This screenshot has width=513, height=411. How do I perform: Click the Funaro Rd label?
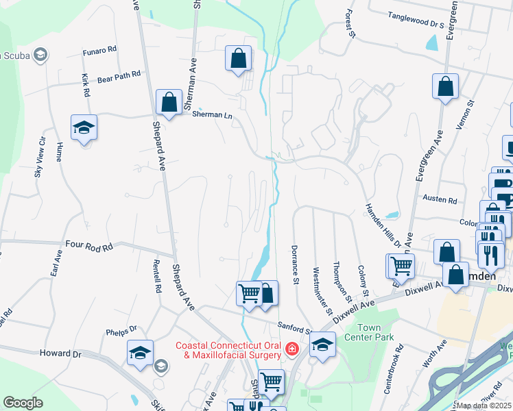pyautogui.click(x=99, y=49)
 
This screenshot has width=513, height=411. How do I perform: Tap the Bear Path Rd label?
pyautogui.click(x=119, y=73)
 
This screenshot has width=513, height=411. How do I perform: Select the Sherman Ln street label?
pyautogui.click(x=212, y=114)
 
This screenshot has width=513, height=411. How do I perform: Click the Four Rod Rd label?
pyautogui.click(x=88, y=244)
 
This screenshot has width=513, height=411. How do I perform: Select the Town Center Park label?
pyautogui.click(x=379, y=333)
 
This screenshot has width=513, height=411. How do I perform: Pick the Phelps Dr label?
pyautogui.click(x=121, y=332)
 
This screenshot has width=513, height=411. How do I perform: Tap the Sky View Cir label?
pyautogui.click(x=40, y=157)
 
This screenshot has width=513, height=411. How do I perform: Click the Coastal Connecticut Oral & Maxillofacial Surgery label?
pyautogui.click(x=228, y=350)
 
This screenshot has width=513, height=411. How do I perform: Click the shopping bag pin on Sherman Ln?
pyautogui.click(x=169, y=102)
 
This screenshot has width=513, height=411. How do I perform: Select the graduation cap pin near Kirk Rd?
pyautogui.click(x=84, y=127)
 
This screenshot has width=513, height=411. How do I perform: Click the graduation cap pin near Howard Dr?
pyautogui.click(x=140, y=353)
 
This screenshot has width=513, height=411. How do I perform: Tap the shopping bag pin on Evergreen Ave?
pyautogui.click(x=445, y=87)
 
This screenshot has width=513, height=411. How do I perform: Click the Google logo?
pyautogui.click(x=23, y=403)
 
